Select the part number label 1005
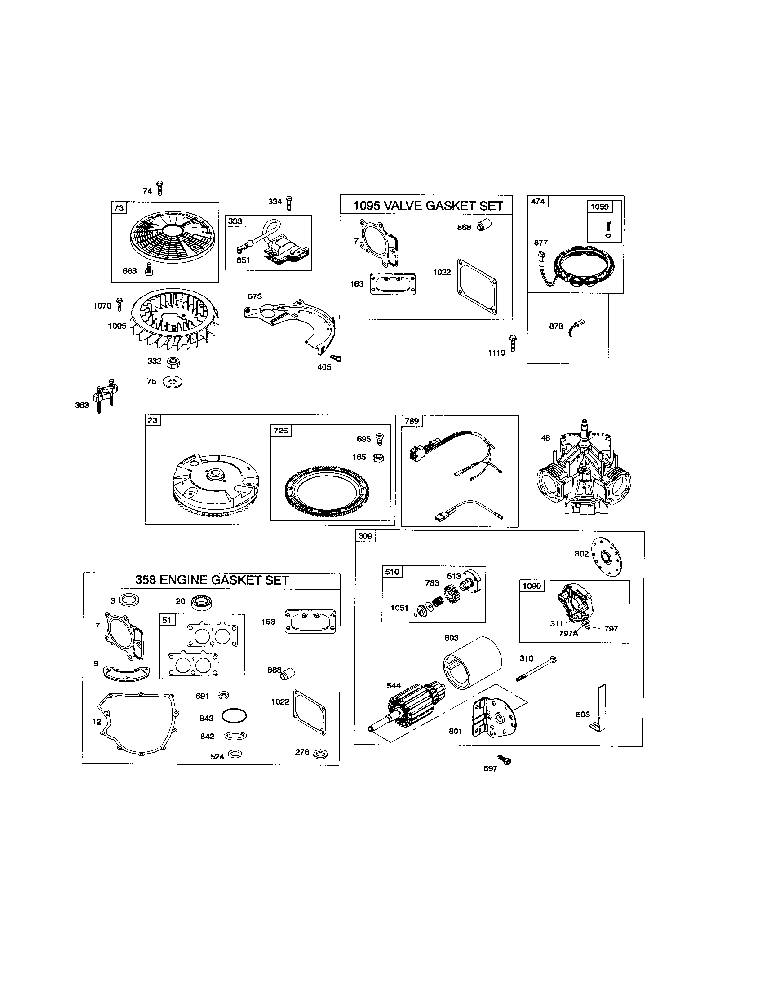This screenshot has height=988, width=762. coord(117,326)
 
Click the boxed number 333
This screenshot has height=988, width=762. coord(235,221)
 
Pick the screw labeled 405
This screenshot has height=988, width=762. coord(337,358)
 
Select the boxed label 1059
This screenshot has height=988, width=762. coord(599,207)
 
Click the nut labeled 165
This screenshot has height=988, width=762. coord(376,458)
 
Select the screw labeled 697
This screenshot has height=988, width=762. coord(504,759)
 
